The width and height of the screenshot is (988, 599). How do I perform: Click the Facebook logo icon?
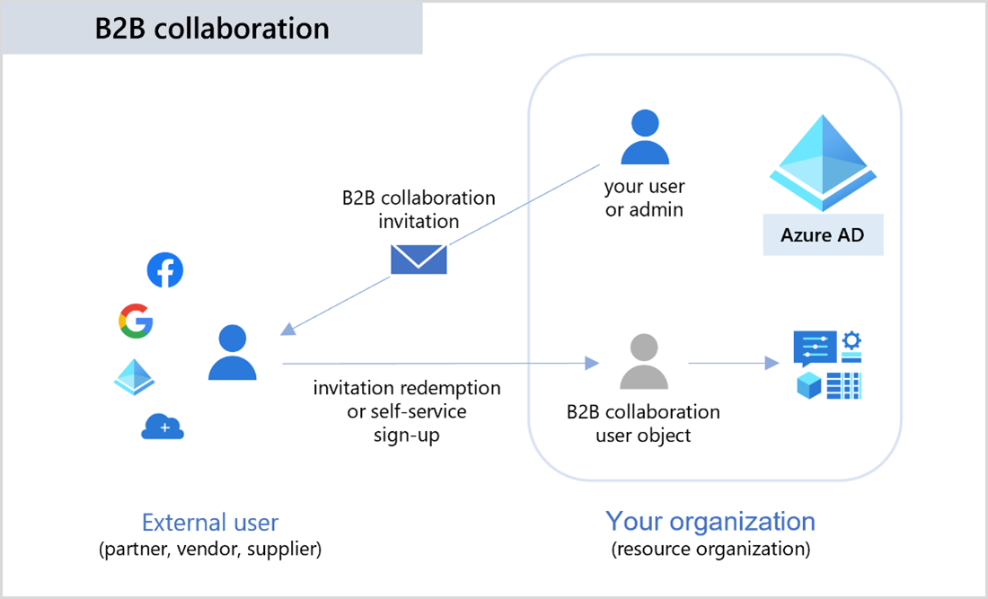point(165,270)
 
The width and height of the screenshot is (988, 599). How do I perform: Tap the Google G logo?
point(136,322)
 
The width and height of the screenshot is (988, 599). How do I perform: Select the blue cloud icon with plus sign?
point(163,427)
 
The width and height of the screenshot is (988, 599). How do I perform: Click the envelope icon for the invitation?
point(419,259)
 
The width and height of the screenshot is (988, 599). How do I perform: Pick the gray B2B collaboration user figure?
point(644,362)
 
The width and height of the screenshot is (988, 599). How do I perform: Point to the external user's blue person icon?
point(233,353)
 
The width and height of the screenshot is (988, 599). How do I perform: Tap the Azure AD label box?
point(823,235)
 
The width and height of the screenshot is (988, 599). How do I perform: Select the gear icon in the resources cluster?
point(851,341)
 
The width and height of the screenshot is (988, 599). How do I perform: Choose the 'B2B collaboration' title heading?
point(212,28)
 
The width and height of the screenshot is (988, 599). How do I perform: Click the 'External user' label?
point(210,523)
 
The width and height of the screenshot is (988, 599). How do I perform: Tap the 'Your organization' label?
point(710,521)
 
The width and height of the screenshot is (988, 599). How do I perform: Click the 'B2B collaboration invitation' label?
point(419,208)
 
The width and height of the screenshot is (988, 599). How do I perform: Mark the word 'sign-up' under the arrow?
point(407,435)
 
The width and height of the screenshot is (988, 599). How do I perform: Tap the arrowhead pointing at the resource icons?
point(771,363)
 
